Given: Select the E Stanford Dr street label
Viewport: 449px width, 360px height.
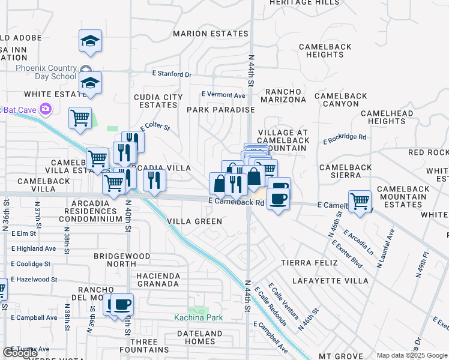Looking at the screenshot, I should (x=171, y=74).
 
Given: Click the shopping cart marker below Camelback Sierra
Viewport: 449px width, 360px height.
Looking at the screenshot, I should (x=360, y=201).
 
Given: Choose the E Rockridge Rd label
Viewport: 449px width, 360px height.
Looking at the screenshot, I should (x=345, y=137).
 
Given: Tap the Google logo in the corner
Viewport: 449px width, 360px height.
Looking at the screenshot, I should (x=20, y=353).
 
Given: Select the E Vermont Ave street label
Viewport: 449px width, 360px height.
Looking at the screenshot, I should (x=223, y=95).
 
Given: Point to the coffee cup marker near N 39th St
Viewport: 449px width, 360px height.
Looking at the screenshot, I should (x=122, y=304).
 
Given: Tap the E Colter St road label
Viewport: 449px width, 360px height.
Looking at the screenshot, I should (x=155, y=128).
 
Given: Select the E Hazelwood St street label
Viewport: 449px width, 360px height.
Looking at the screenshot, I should (x=34, y=279).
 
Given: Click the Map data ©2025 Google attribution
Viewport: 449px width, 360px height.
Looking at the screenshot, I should (x=412, y=355).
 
